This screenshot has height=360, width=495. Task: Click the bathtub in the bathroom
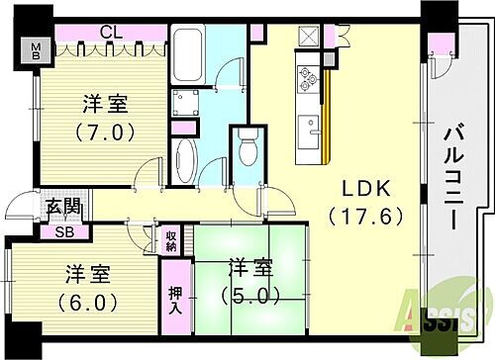click(x=189, y=60)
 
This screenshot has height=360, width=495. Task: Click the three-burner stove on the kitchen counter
click(x=308, y=77)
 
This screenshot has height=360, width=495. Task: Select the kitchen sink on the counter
click(x=310, y=129)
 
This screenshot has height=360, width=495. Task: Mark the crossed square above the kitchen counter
click(x=308, y=37)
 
